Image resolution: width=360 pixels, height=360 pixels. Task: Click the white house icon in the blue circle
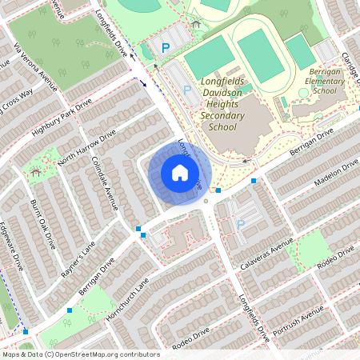[179, 172]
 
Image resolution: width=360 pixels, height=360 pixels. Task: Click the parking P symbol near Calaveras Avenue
[240, 224]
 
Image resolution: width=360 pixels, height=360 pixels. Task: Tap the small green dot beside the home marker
[206, 200]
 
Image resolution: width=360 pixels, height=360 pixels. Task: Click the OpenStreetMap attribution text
[81, 354]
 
